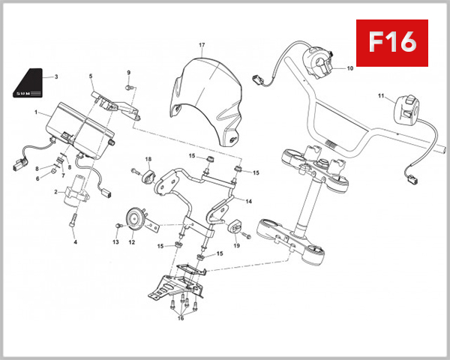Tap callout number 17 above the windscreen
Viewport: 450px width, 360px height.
201,46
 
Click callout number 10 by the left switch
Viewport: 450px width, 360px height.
349,68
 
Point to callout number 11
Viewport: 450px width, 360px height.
380,96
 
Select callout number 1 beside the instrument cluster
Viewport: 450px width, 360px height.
35,112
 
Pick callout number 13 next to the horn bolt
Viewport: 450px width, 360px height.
115,241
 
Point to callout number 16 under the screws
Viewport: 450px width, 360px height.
180,318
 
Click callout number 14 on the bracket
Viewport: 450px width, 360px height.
249,202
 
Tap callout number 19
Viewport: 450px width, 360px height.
235,245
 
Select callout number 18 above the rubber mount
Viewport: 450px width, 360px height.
148,159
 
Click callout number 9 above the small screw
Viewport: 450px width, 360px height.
128,73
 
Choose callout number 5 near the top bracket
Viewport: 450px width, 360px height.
91,76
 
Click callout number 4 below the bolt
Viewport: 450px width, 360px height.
75,242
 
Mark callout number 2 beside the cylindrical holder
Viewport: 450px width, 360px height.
55,192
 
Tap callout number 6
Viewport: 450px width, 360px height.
38,178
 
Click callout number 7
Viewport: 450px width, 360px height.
62,174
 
